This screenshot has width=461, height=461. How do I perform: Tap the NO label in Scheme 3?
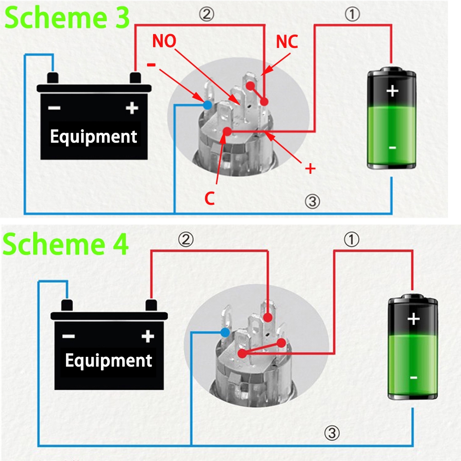point(164,41)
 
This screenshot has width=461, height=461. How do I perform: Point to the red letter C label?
point(210,198)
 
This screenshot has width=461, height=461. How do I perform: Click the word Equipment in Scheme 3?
point(94,136)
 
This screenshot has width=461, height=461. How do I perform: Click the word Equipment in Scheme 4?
point(108,361)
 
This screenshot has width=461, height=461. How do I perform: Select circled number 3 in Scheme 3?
point(312,201)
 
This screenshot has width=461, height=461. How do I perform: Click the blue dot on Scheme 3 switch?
point(207,105)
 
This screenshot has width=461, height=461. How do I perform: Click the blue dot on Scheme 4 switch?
point(225,332)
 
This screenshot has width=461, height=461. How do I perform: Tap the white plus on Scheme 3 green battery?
point(392,91)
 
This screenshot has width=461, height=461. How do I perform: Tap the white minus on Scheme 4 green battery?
point(414,378)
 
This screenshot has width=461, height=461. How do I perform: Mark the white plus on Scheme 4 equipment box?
point(148,337)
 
